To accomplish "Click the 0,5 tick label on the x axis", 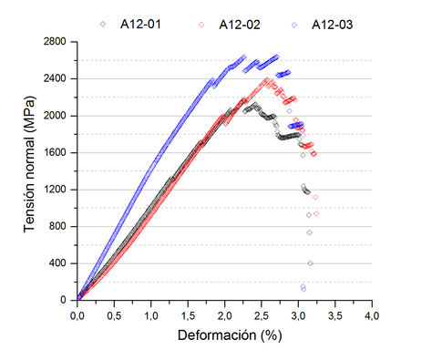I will coord(114,315).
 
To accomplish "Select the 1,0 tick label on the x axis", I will coord(151,315).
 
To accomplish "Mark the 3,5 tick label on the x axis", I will coord(335,315).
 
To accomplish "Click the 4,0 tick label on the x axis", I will coord(372,315).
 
